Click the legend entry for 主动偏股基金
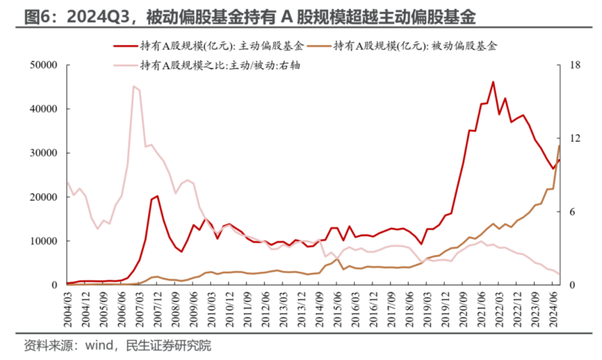point(223,47)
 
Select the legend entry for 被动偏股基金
point(415,47)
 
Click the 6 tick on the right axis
point(573,212)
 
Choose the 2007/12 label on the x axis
point(158,309)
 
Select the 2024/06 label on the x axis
point(554,309)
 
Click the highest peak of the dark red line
point(493,82)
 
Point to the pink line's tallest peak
point(134,86)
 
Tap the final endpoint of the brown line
point(559,145)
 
